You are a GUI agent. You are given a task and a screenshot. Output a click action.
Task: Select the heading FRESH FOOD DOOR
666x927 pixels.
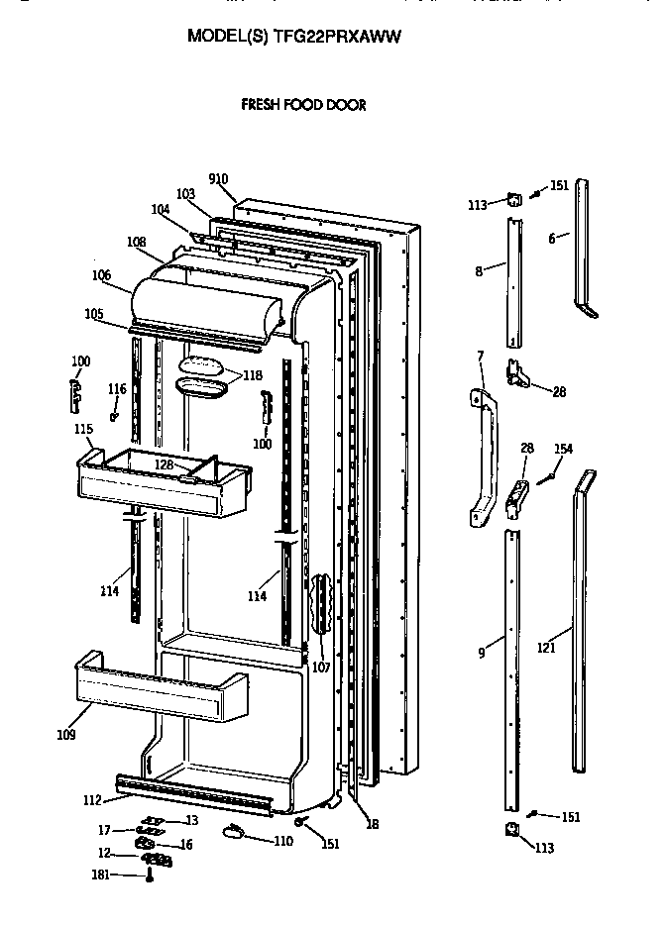point(304,105)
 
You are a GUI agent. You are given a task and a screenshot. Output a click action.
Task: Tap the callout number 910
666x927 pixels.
point(218,179)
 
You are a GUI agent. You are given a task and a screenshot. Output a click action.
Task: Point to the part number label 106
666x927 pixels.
point(101,275)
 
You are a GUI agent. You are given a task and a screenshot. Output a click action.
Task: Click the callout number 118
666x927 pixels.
point(254,375)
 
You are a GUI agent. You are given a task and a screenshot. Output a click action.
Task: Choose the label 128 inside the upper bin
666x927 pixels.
point(164,463)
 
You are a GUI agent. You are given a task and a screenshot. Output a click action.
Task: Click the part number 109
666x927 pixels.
point(64,735)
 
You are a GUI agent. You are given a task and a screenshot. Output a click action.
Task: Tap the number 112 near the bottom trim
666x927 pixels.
point(91,800)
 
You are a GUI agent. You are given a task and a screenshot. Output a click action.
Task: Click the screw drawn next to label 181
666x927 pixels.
point(150,875)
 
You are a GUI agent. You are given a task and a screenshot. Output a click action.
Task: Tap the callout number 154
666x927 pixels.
point(563,450)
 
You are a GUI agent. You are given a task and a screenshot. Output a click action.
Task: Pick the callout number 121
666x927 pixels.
point(546,647)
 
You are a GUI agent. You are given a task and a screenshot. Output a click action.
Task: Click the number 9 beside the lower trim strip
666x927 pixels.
point(482,653)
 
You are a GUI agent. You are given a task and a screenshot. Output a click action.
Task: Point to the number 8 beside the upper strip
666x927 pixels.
point(479,270)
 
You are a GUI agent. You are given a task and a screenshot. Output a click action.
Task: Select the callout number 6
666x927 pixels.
point(552,239)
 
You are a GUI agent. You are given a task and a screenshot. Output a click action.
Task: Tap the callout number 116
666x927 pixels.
point(117,389)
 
